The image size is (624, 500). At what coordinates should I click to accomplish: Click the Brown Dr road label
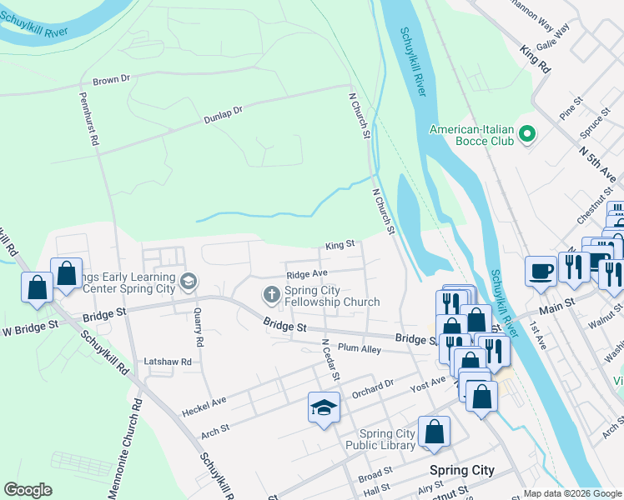pos(112,79)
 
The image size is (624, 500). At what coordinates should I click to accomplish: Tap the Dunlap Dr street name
pos(223,115)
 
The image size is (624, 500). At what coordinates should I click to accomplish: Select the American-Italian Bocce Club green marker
pos(526,134)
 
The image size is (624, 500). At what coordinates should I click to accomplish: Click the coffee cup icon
pos(541,270)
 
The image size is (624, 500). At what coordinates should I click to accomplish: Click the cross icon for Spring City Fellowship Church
pos(271,295)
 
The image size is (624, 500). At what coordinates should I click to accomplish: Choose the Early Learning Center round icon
pos(189,282)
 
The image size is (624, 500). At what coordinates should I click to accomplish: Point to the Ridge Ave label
pos(306,273)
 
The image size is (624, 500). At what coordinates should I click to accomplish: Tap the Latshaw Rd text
pos(168,362)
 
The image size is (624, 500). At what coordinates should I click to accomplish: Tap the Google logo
pos(28,490)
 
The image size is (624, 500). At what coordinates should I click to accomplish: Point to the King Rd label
pos(535,59)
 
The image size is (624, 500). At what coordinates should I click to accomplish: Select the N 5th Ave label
pos(597,162)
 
